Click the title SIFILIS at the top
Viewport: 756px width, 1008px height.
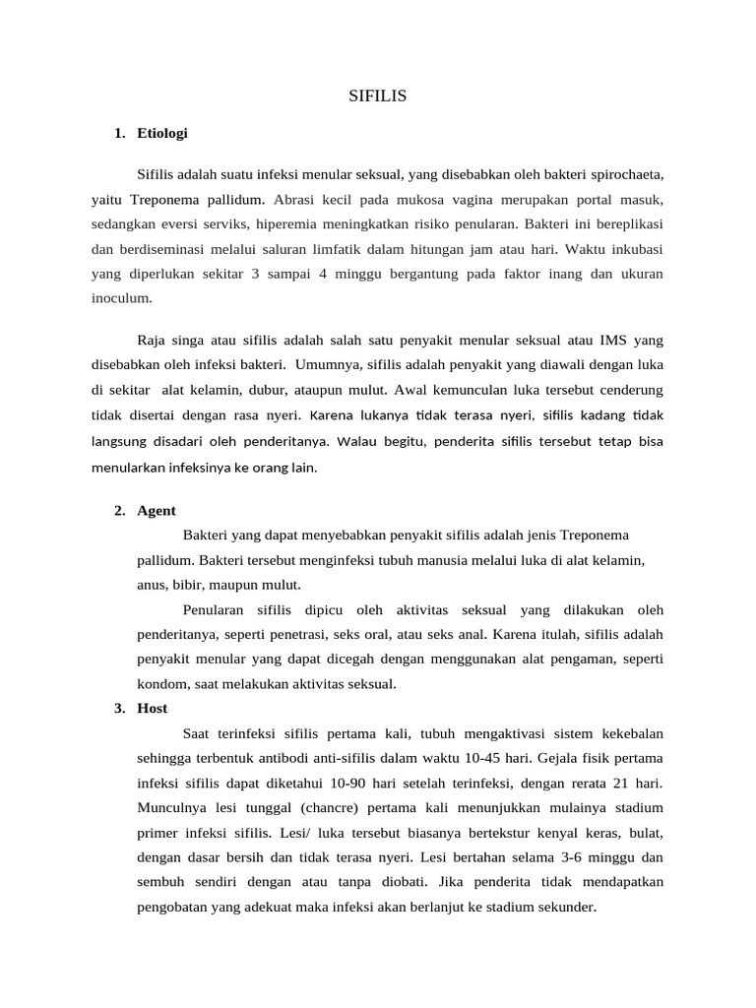pyautogui.click(x=378, y=96)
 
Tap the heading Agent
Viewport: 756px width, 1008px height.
pyautogui.click(x=157, y=511)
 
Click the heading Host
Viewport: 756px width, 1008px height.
pyautogui.click(x=153, y=708)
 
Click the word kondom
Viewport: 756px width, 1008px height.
pyautogui.click(x=158, y=683)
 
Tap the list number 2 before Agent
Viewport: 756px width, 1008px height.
pyautogui.click(x=119, y=511)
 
